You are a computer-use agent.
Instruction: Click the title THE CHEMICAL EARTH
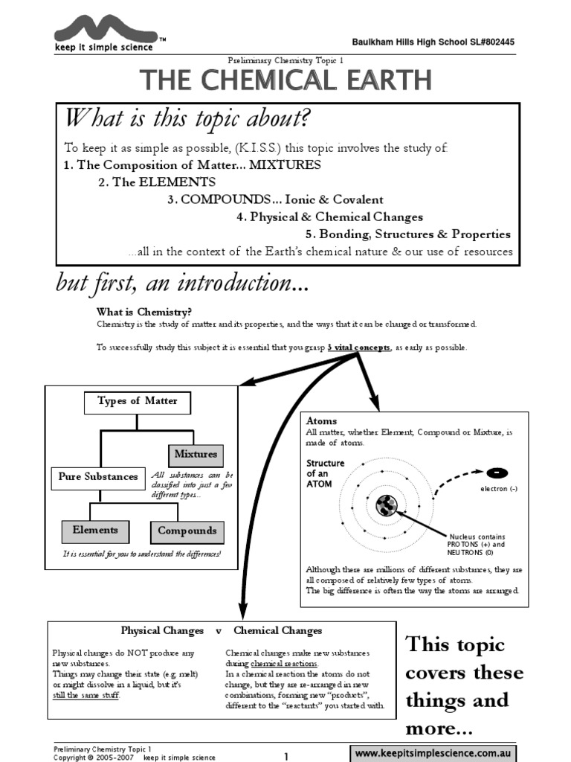(285, 79)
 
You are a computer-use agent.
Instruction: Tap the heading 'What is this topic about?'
(187, 118)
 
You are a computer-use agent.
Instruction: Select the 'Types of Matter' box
(138, 402)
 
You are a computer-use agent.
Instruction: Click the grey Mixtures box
(196, 455)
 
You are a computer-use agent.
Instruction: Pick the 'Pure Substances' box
(98, 477)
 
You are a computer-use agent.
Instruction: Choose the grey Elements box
(95, 531)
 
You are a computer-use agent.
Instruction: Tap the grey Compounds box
(187, 531)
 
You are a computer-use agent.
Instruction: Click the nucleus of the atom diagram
(387, 506)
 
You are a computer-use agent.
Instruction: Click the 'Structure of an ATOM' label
(326, 473)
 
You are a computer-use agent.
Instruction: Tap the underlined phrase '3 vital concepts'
(359, 348)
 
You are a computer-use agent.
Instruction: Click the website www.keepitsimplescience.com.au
(434, 753)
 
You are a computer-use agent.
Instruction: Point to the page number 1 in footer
(285, 756)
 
